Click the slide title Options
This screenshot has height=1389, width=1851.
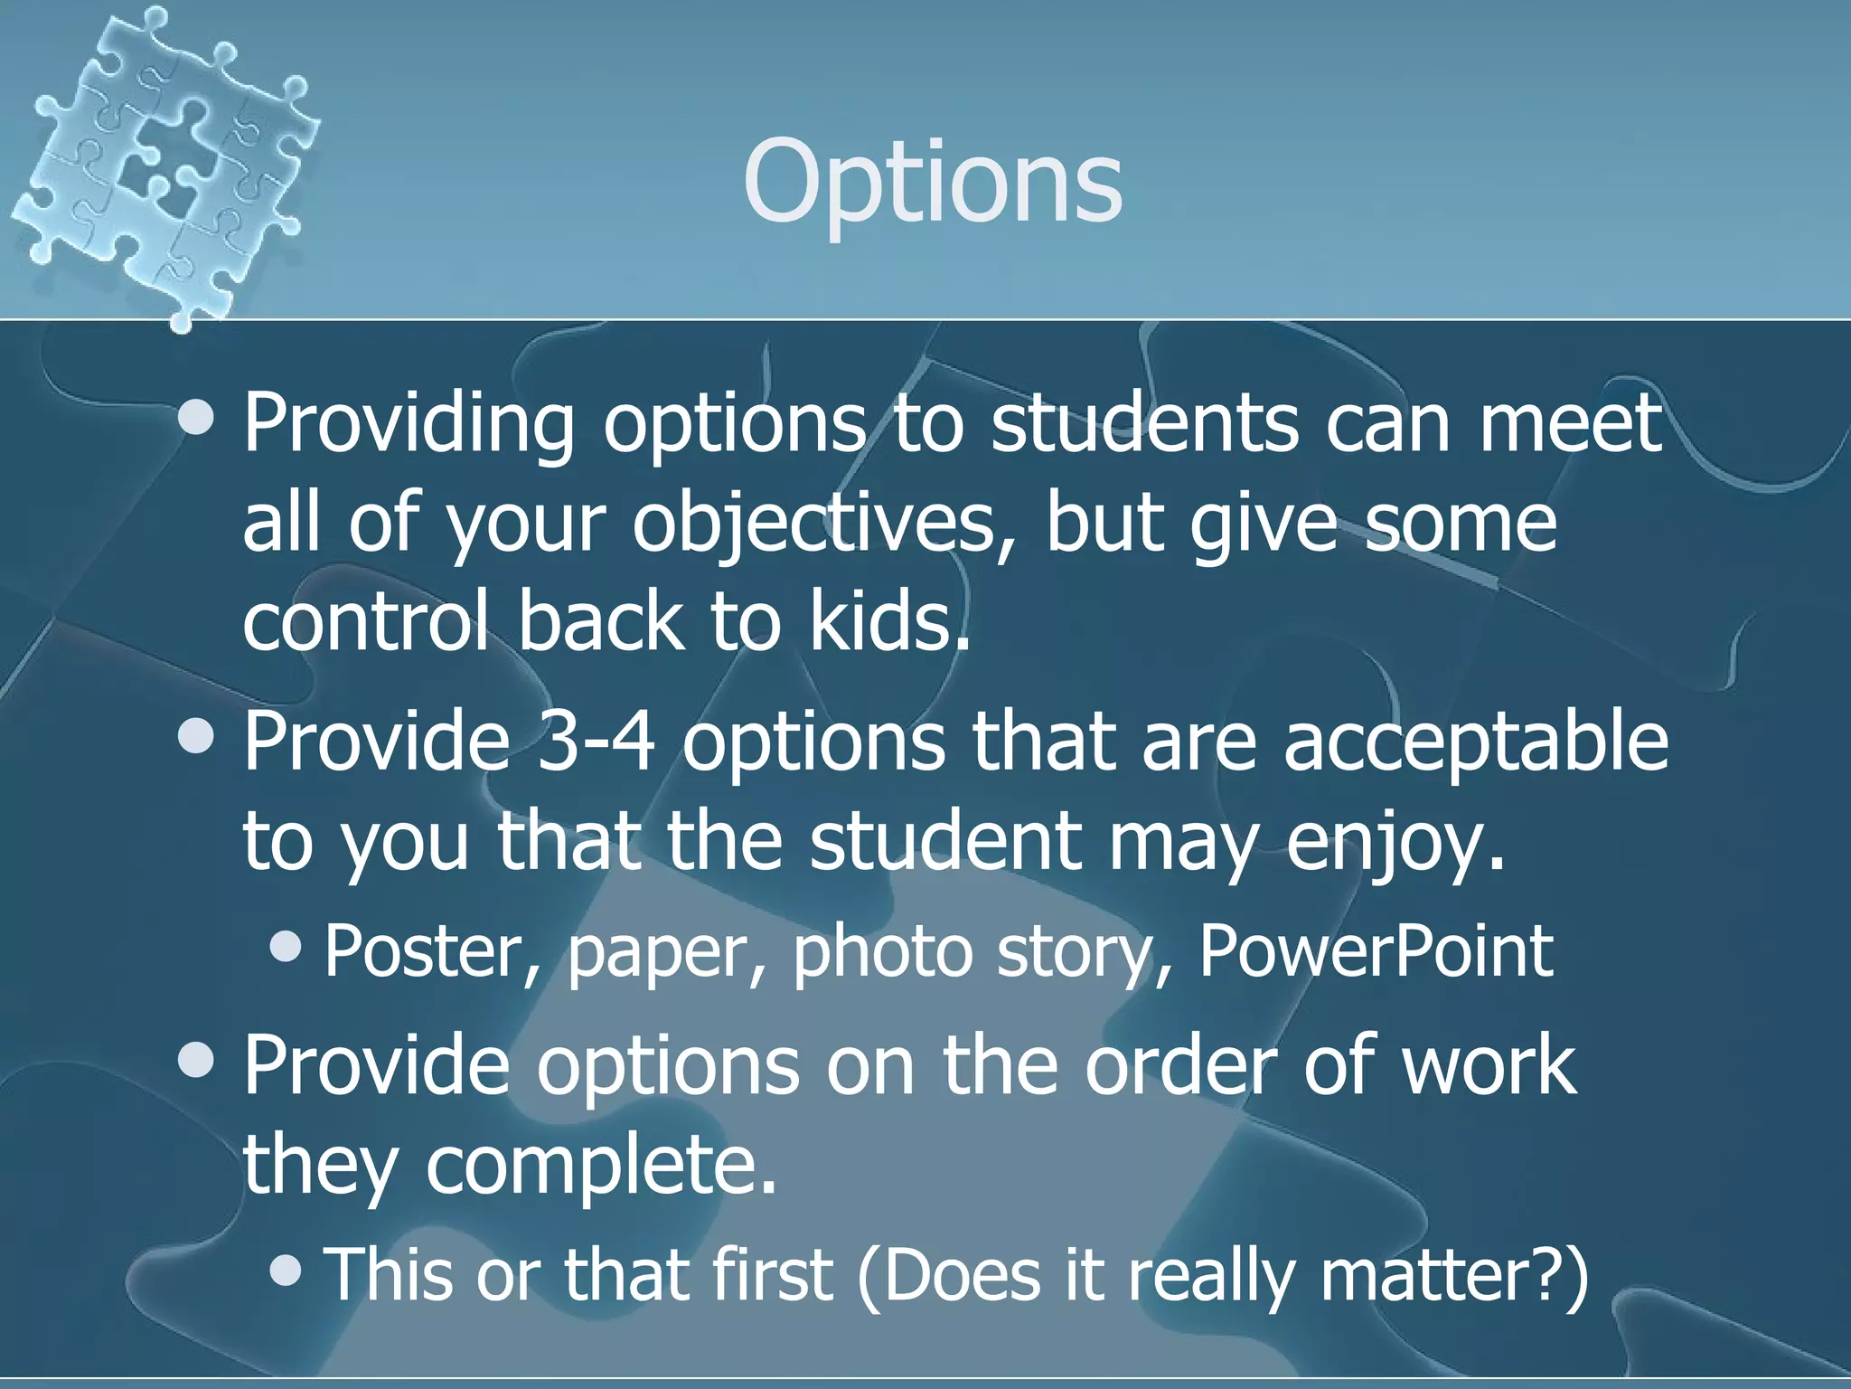(x=932, y=181)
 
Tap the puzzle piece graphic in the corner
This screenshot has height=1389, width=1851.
(x=163, y=163)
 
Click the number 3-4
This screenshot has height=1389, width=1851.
(x=596, y=741)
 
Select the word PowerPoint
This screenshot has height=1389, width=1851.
(x=1376, y=951)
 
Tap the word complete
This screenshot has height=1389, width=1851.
(x=601, y=1167)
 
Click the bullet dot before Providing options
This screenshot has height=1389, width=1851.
(x=196, y=419)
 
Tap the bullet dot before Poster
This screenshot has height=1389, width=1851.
(x=287, y=947)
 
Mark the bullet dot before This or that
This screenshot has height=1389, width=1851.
(x=287, y=1270)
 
